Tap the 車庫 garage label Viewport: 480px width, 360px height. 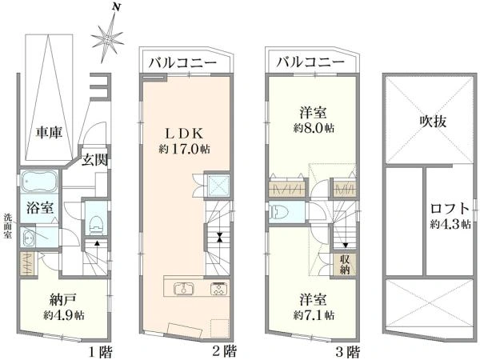50,133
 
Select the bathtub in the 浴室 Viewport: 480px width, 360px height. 39,182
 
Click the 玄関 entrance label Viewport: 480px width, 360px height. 95,159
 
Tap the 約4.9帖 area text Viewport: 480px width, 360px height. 64,315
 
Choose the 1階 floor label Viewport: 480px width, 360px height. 101,352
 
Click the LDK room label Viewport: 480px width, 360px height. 184,134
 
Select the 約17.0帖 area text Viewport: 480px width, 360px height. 184,149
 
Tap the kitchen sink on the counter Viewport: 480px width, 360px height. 183,289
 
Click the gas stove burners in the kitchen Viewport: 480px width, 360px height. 218,288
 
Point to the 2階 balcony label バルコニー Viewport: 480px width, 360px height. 182,63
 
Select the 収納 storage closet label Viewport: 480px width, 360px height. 345,265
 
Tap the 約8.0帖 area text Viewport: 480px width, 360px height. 314,128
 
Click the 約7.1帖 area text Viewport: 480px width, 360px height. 314,315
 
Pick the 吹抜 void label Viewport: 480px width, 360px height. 433,122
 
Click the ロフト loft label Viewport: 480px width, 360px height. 450,209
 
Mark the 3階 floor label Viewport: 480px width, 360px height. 348,352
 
